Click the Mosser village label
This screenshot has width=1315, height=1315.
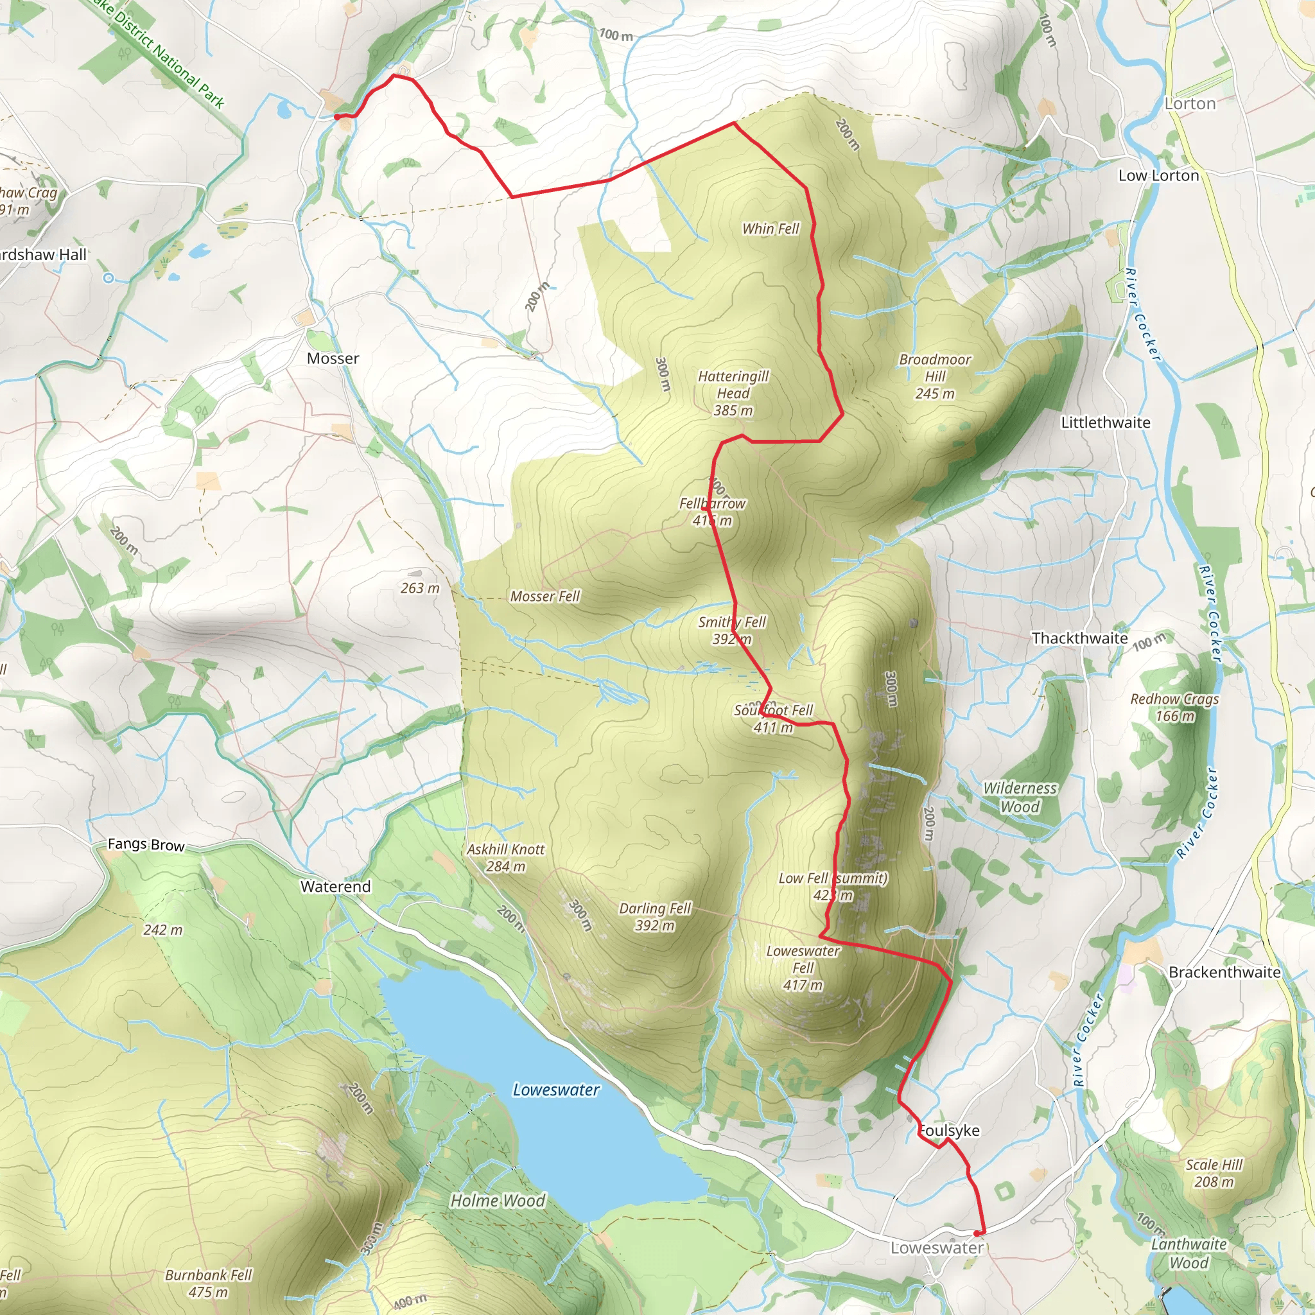(x=333, y=359)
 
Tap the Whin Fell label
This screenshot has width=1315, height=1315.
(x=771, y=229)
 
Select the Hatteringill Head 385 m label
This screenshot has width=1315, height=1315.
(x=733, y=394)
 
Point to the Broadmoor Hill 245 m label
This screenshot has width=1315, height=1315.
(x=934, y=376)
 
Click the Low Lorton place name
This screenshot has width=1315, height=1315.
(x=1158, y=175)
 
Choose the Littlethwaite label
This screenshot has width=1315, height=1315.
(x=1106, y=422)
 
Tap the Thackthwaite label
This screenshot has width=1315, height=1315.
(x=1079, y=638)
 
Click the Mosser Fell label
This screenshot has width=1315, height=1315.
(x=544, y=597)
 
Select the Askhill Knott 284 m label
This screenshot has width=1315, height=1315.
(x=506, y=858)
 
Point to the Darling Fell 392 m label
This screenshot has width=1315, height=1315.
(x=654, y=917)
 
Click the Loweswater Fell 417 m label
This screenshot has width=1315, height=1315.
(x=803, y=968)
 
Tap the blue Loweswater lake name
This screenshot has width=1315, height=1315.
(x=556, y=1090)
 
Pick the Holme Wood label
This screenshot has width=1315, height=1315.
(x=498, y=1201)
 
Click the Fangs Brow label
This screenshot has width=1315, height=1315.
(x=146, y=845)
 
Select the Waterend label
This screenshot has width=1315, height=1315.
(x=336, y=887)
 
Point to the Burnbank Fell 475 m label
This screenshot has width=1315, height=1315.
(x=208, y=1283)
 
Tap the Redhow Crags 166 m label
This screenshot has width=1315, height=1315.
(x=1174, y=707)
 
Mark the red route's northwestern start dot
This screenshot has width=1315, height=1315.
(x=337, y=117)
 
